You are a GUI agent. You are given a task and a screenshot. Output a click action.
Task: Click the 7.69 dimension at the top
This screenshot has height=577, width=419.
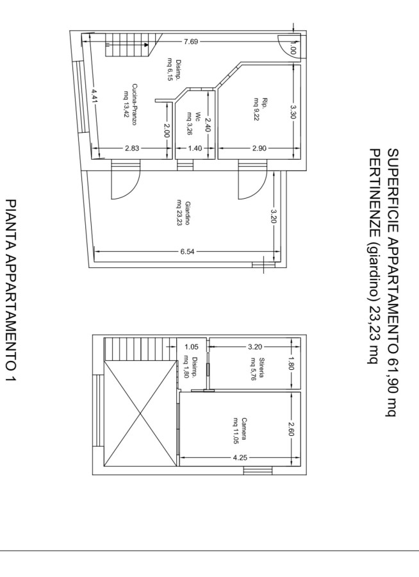pyautogui.click(x=191, y=42)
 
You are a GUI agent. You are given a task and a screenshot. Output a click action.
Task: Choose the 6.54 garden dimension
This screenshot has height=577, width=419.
pyautogui.click(x=187, y=252)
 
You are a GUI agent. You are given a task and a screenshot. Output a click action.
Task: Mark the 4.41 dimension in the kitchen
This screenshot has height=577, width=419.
pyautogui.click(x=94, y=97)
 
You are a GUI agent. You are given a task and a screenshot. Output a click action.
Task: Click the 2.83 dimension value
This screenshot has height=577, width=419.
pyautogui.click(x=132, y=148)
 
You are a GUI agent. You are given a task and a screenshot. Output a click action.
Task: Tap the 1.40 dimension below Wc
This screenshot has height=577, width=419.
pyautogui.click(x=195, y=148)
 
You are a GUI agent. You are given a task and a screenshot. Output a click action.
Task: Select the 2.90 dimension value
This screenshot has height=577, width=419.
pyautogui.click(x=259, y=148)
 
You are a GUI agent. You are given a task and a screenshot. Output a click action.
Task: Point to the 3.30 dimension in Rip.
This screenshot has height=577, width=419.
pyautogui.click(x=293, y=112)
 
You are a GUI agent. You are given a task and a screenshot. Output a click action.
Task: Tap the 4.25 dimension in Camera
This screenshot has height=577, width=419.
pyautogui.click(x=240, y=458)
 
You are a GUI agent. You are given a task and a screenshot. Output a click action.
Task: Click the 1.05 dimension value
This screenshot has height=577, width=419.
pyautogui.click(x=192, y=347)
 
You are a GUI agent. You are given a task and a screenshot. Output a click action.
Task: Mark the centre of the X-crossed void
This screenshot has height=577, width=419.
pyautogui.click(x=140, y=414)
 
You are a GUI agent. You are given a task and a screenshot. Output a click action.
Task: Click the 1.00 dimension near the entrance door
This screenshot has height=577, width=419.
pyautogui.click(x=293, y=48)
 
